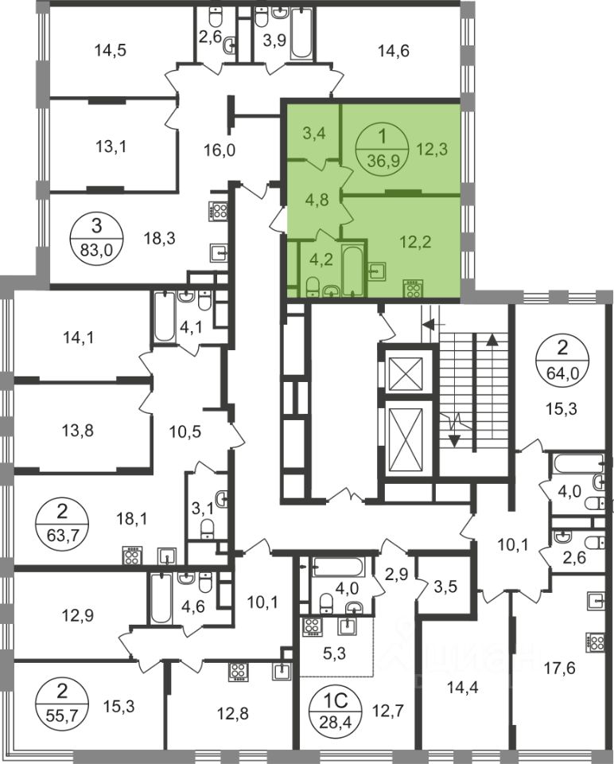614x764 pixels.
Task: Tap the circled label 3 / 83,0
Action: pos(97,238)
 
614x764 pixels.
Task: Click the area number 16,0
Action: pos(220,150)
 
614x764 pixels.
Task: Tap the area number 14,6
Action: pos(394,50)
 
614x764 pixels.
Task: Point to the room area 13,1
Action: pos(111,146)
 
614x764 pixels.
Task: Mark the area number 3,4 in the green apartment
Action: pos(314,133)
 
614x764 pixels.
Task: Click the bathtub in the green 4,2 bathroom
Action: pos(352,270)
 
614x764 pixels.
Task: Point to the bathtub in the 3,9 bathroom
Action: pos(300,33)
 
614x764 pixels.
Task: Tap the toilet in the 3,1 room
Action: pos(207,528)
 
